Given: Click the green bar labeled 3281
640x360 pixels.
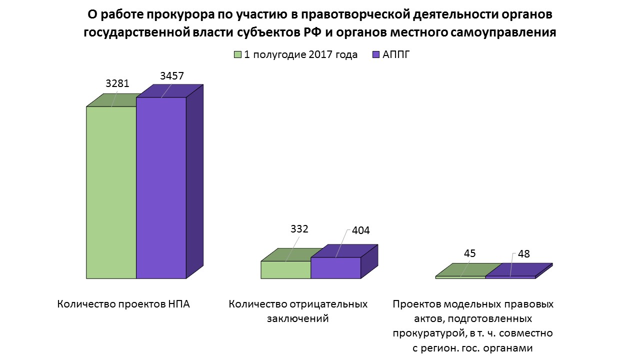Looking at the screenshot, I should (111, 192).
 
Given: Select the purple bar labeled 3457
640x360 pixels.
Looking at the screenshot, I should (161, 187).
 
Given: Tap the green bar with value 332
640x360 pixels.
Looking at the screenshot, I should (285, 269).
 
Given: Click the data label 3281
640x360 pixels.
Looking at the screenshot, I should (117, 84).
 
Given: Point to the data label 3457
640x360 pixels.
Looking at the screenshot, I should (172, 76).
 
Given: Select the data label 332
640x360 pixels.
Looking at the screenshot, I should (299, 229).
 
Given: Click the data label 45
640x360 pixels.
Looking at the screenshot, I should (469, 253).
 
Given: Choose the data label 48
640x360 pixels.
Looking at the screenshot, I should (523, 254).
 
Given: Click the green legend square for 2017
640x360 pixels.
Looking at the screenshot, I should (237, 54).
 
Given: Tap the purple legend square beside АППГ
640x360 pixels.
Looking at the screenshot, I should (376, 54).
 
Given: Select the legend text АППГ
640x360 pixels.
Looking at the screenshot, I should (396, 54).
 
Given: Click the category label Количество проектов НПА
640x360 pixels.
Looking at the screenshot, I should (123, 304).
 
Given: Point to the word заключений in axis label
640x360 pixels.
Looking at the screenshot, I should (298, 318).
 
